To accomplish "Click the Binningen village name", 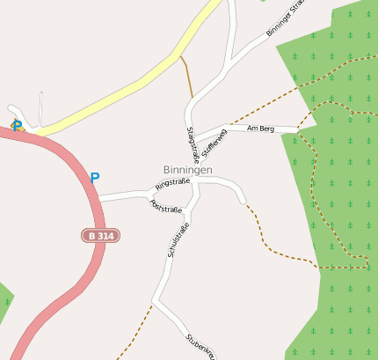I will [187, 170].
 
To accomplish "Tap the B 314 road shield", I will [101, 236].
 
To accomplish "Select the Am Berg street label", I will [261, 129].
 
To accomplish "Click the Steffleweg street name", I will [214, 143].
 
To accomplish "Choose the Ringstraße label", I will [172, 184].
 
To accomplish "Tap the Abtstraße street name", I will [166, 208].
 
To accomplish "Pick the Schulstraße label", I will [178, 239].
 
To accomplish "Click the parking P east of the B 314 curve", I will [94, 178].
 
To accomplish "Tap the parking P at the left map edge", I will [16, 126].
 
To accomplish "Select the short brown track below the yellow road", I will [187, 77].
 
